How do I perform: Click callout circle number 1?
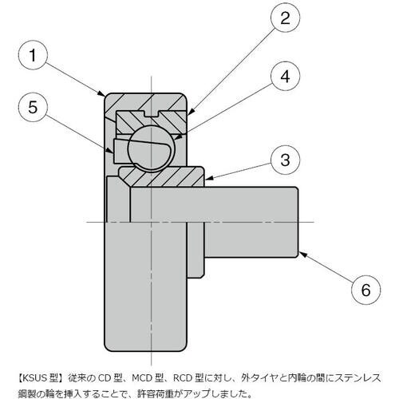coord(33,55)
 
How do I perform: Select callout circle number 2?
coord(285,18)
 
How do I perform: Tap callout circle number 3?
coord(285,160)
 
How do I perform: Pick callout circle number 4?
coord(285,77)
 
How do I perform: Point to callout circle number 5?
coord(33,108)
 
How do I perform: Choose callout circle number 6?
coord(365,290)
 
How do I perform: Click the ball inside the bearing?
coord(151,148)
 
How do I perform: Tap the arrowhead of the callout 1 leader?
coord(101,93)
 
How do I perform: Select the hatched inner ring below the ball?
coord(161,176)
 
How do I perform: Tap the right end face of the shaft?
coord(298,222)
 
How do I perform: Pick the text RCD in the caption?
coord(184,377)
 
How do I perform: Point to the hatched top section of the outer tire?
coord(145,102)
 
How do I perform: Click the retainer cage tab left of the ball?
coord(121,150)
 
